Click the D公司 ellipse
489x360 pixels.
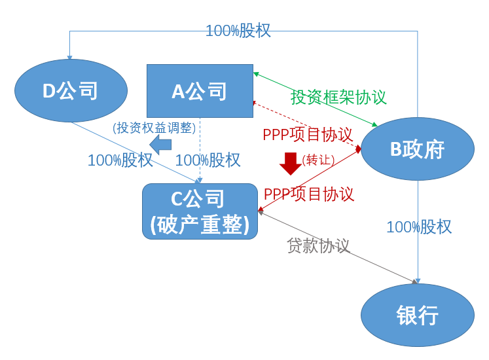tap(71, 90)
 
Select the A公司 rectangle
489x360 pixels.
tap(200, 91)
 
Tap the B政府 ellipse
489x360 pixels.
tap(418, 149)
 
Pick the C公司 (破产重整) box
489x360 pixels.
tap(200, 211)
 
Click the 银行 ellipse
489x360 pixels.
tap(418, 315)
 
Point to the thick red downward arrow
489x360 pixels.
tap(291, 164)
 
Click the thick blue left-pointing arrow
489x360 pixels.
tap(160, 145)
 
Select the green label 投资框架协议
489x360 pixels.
tap(338, 97)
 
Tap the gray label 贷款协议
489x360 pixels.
tap(318, 245)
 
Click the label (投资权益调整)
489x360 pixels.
tap(154, 128)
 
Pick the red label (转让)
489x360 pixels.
tap(318, 160)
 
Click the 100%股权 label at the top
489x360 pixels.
tap(238, 31)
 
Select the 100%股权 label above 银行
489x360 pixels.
tap(419, 226)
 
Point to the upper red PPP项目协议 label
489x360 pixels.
tap(308, 135)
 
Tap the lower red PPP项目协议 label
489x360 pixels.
tap(309, 194)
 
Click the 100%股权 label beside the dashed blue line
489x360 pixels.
tap(208, 160)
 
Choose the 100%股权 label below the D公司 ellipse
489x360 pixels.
tap(120, 160)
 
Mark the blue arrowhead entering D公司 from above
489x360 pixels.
tap(69, 57)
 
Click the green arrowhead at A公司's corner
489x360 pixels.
tap(256, 74)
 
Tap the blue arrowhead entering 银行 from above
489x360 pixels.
tap(418, 281)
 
